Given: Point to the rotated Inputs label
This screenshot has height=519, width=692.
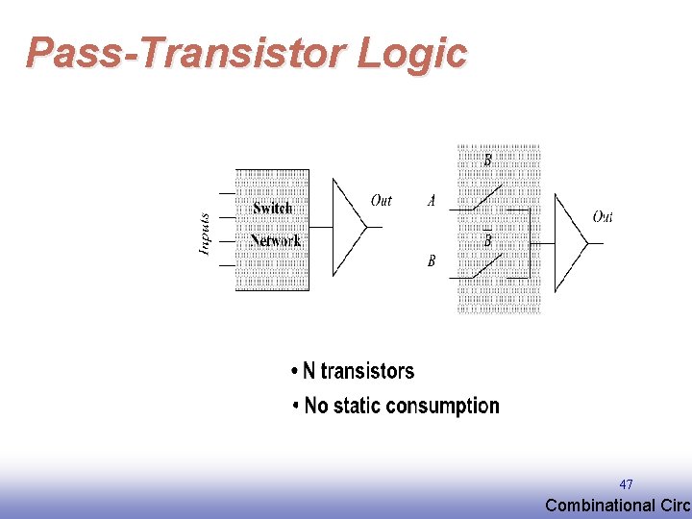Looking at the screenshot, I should pos(205,235).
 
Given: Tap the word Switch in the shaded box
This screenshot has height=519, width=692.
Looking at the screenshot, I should pos(272,209).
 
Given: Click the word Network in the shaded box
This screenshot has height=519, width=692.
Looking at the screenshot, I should pos(275,240).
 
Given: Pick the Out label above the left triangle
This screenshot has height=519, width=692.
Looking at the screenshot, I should pos(382,201).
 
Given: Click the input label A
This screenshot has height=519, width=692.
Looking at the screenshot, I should pos(432,202).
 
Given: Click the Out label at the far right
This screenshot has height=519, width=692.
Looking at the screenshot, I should pos(603,217).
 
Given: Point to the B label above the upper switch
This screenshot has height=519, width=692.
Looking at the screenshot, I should pos(487,161).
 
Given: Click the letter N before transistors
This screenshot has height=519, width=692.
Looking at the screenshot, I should pos(309,371).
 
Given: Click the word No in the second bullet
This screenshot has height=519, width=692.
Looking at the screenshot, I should pos(316,406).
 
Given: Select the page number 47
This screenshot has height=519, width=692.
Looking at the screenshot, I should pos(626,484).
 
